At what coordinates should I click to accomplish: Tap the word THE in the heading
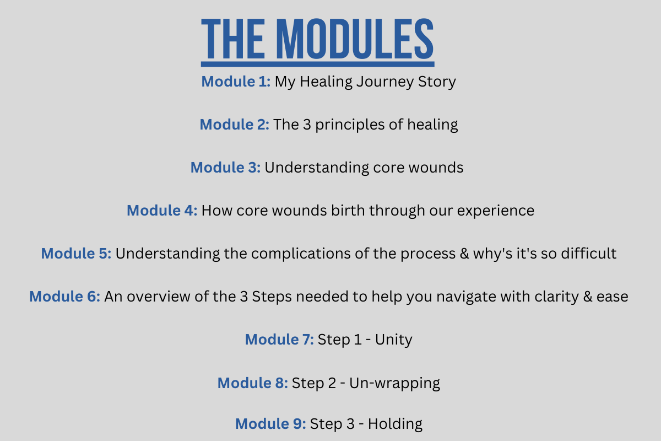tap(232, 39)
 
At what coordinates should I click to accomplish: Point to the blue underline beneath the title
tap(317, 64)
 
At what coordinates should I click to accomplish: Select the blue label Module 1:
tap(236, 81)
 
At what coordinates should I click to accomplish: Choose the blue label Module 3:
tap(225, 168)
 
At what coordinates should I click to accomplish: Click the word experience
tap(495, 211)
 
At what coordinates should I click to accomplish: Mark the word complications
tap(301, 254)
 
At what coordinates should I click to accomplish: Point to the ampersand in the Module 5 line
tap(464, 254)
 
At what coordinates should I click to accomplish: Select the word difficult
tap(588, 253)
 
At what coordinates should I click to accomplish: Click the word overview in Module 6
tap(159, 296)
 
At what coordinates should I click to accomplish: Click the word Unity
tap(393, 340)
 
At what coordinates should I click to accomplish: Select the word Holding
tap(395, 424)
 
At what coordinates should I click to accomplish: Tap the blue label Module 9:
tap(270, 423)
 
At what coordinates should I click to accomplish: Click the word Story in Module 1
tap(437, 82)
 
